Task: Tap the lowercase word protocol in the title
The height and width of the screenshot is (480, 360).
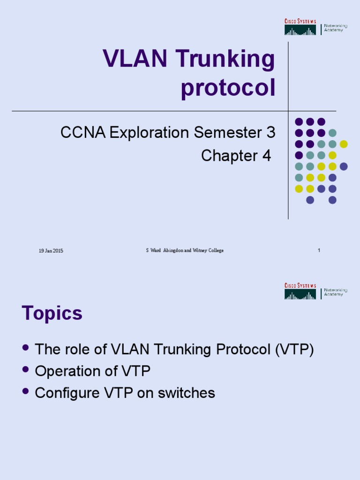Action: pos(228,89)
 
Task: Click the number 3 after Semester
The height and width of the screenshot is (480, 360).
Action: pos(270,133)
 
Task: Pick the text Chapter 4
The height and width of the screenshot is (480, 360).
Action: pos(236,156)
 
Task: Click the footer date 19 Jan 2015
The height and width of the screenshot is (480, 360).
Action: pos(51,251)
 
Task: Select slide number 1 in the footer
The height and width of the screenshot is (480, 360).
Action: pos(319,251)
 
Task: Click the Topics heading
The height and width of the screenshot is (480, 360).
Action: pos(52,314)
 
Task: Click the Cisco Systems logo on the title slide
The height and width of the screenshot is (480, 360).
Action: pos(300,28)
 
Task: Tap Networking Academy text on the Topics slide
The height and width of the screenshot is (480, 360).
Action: pos(335,292)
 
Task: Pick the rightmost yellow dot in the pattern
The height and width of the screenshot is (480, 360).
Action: pos(344,144)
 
